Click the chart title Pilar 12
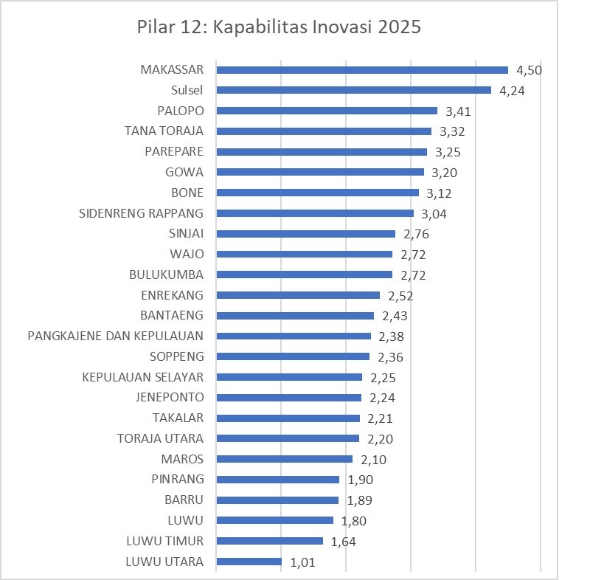point(279,28)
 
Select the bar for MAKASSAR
point(361,70)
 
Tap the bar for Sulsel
point(353,91)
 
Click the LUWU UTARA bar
point(249,562)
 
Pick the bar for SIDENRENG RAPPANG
point(315,213)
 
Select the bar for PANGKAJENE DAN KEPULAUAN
point(294,336)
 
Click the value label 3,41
point(459,111)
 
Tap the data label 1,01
point(302,562)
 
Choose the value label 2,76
point(416,235)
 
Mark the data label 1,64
point(344,541)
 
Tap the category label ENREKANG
point(172,295)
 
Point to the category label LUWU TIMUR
point(164,541)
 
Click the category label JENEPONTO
point(170,397)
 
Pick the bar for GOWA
point(320,172)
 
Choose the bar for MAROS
point(284,459)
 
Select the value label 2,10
point(373,460)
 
